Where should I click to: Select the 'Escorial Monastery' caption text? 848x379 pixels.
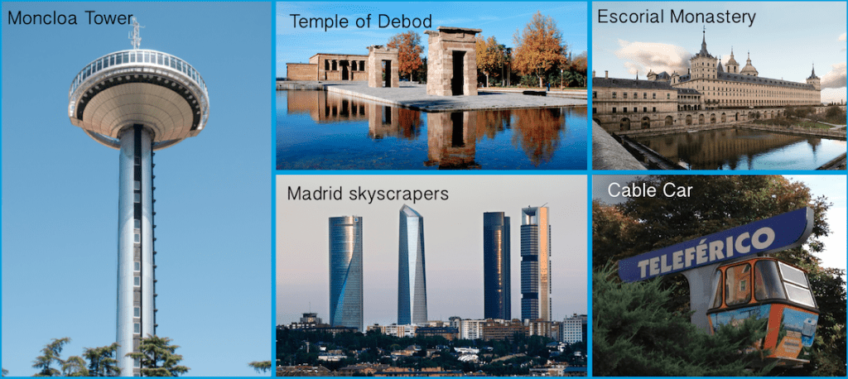point(676,17)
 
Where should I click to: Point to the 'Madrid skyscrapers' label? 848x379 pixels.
point(367,194)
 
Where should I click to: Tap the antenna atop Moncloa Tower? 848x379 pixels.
point(136,34)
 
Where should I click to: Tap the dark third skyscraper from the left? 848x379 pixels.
point(497,265)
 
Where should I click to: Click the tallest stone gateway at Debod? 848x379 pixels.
point(453,61)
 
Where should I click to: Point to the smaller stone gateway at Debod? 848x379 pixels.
point(383,67)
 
